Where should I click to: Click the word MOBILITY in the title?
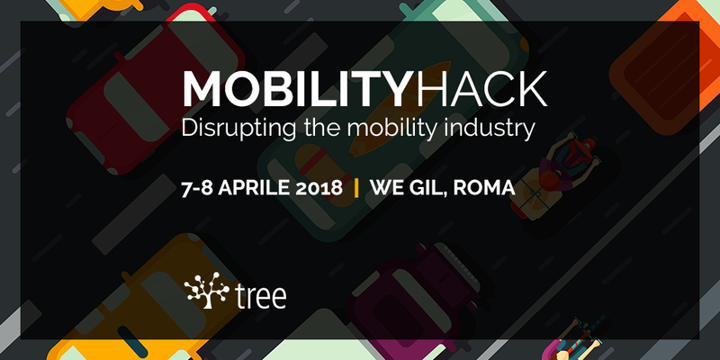295,89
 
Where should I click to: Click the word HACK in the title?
478,89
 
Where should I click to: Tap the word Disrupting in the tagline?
238,128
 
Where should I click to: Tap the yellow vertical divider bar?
356,188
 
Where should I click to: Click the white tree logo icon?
206,290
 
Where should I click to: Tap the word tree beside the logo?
260,296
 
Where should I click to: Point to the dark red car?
156,92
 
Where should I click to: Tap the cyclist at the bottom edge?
579,340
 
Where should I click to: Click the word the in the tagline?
321,128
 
